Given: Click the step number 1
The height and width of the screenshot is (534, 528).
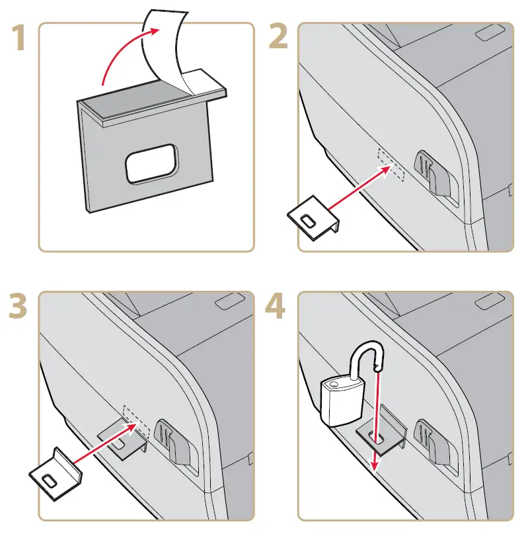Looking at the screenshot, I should [20, 40].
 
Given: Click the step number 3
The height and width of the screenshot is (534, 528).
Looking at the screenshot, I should [20, 305].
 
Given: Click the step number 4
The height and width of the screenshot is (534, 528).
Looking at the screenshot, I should [276, 305].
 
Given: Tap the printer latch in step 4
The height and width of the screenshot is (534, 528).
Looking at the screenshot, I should [432, 443].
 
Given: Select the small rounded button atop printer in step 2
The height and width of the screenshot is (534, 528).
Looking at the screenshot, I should [488, 32].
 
